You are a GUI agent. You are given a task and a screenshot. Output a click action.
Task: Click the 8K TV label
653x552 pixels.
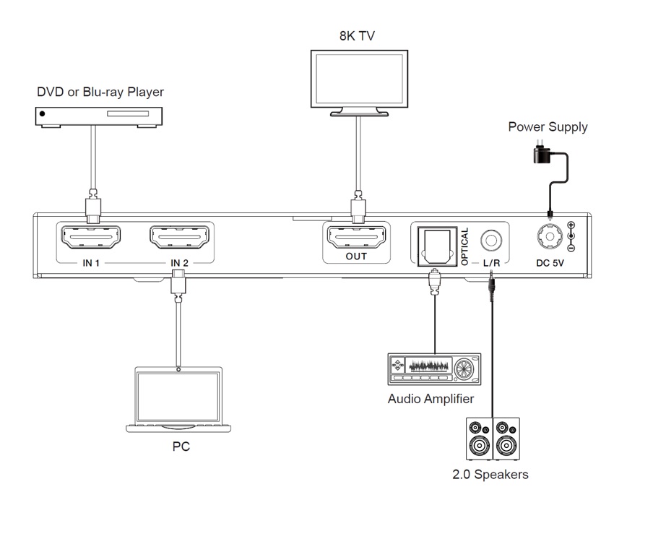(358, 35)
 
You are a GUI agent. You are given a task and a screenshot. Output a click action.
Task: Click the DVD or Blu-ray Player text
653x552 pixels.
(100, 92)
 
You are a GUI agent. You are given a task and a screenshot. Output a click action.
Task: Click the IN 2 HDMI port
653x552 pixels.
(179, 237)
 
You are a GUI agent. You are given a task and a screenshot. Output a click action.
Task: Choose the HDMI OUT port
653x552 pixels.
(356, 237)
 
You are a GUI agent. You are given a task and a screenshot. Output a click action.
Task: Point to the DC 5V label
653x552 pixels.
(550, 263)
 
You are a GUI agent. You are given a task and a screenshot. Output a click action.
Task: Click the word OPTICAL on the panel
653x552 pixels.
(465, 247)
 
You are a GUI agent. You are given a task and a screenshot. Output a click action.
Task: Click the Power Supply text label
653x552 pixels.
(548, 128)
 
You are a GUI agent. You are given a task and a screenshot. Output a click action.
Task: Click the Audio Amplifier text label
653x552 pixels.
(431, 399)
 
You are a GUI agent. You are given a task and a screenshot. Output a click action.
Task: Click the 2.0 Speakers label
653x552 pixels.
(490, 475)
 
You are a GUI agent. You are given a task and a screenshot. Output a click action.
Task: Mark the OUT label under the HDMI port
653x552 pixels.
(356, 256)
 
